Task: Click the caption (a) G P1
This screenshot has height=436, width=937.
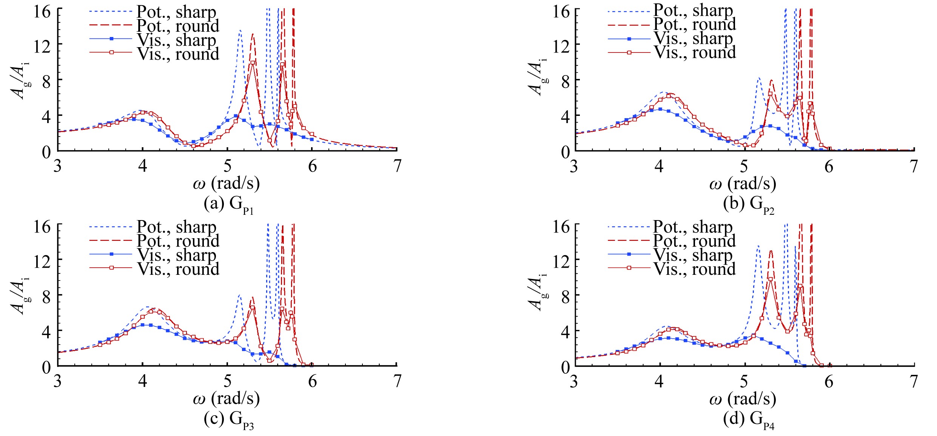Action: pos(229,205)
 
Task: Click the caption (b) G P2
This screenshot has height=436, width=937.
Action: pos(749,205)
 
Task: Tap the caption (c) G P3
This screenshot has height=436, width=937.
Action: pos(229,419)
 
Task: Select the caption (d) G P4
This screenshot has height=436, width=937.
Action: pos(749,419)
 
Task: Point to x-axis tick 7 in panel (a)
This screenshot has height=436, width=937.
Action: pos(397,166)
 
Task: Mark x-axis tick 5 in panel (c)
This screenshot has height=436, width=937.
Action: pos(227,381)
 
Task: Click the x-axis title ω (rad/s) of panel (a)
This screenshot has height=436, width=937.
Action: pos(227,184)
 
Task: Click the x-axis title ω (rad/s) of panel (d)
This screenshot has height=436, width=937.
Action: pos(743,399)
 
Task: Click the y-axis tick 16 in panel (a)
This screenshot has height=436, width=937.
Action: pos(42,12)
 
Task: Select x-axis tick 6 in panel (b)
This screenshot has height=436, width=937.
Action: pos(829,166)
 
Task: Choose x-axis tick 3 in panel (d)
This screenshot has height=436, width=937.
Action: pos(574,381)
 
